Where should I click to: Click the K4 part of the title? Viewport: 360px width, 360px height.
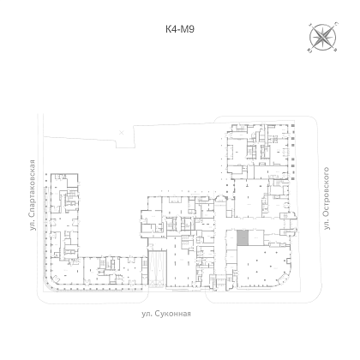pyautogui.click(x=171, y=29)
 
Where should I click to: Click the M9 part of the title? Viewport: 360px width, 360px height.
pyautogui.click(x=188, y=29)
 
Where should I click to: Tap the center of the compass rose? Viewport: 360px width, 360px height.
pyautogui.click(x=322, y=37)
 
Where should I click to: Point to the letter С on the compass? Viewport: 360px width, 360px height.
pyautogui.click(x=336, y=23)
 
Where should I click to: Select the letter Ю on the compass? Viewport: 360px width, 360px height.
pyautogui.click(x=309, y=51)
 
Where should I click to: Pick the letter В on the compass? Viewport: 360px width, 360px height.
pyautogui.click(x=336, y=51)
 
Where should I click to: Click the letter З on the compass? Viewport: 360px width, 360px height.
pyautogui.click(x=310, y=25)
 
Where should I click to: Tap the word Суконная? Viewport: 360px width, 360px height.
pyautogui.click(x=173, y=314)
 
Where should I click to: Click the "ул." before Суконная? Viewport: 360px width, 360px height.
pyautogui.click(x=147, y=314)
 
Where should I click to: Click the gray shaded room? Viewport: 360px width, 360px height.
pyautogui.click(x=243, y=237)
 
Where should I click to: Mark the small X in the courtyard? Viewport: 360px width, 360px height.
pyautogui.click(x=122, y=132)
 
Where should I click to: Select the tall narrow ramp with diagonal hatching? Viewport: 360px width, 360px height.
pyautogui.click(x=157, y=268)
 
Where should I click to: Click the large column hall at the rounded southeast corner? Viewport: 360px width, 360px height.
pyautogui.click(x=263, y=267)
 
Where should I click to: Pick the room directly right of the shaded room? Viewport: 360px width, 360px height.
pyautogui.click(x=255, y=237)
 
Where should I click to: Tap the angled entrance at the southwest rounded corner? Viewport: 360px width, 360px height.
pyautogui.click(x=56, y=279)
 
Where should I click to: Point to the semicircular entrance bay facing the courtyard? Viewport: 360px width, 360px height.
pyautogui.click(x=220, y=198)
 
